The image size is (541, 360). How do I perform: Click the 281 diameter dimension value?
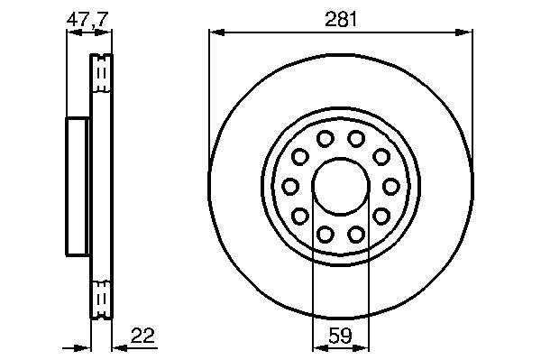(x=341, y=19)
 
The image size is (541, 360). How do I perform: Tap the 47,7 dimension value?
(x=87, y=19)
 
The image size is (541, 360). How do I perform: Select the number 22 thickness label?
(x=142, y=335)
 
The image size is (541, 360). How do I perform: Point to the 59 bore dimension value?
(x=341, y=336)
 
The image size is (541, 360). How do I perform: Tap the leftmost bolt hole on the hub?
(x=290, y=187)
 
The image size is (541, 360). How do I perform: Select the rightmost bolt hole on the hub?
(x=391, y=187)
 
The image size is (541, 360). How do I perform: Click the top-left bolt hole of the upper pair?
(x=325, y=139)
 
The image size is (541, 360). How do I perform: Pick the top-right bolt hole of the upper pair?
(x=356, y=139)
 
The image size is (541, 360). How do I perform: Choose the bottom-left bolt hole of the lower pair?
(x=325, y=234)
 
